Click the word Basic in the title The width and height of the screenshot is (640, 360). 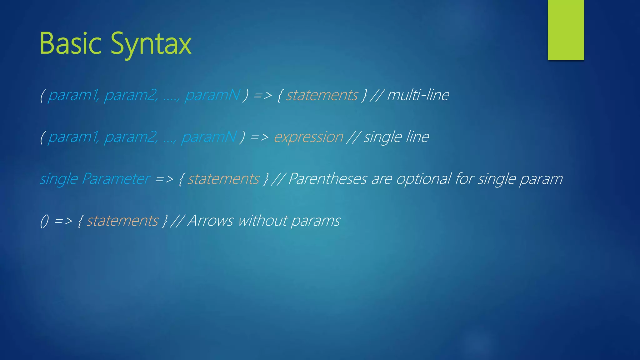70,44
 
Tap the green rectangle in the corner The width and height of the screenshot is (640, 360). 566,30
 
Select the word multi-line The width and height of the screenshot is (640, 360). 418,95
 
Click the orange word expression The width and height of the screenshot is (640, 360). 308,137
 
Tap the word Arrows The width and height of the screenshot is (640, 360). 210,221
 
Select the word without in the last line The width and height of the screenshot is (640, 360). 262,221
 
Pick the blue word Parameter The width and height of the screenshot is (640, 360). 116,179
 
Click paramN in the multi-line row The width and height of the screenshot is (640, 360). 212,95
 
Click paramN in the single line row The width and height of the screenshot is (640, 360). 209,137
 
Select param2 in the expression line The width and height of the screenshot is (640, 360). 131,137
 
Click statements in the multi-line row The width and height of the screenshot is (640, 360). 322,95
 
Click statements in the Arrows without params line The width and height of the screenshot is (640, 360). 122,221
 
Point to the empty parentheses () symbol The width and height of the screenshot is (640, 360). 44,221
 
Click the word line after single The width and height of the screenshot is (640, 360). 417,137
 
